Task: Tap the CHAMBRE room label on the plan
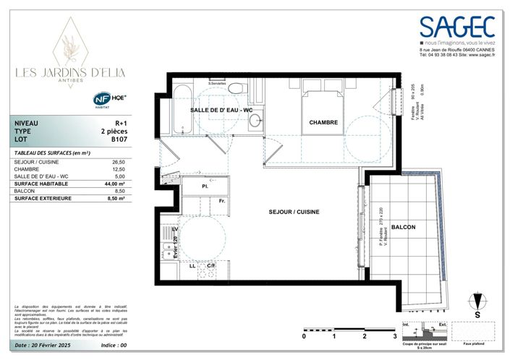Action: coord(323,123)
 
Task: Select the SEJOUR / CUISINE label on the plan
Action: coord(290,212)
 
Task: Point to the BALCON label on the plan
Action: coord(403,227)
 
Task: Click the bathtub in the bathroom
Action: coord(181,108)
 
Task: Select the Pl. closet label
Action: coord(205,187)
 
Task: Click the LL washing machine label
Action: coord(192,266)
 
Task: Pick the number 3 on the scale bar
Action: coord(394,336)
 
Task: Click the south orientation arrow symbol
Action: coord(476,303)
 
